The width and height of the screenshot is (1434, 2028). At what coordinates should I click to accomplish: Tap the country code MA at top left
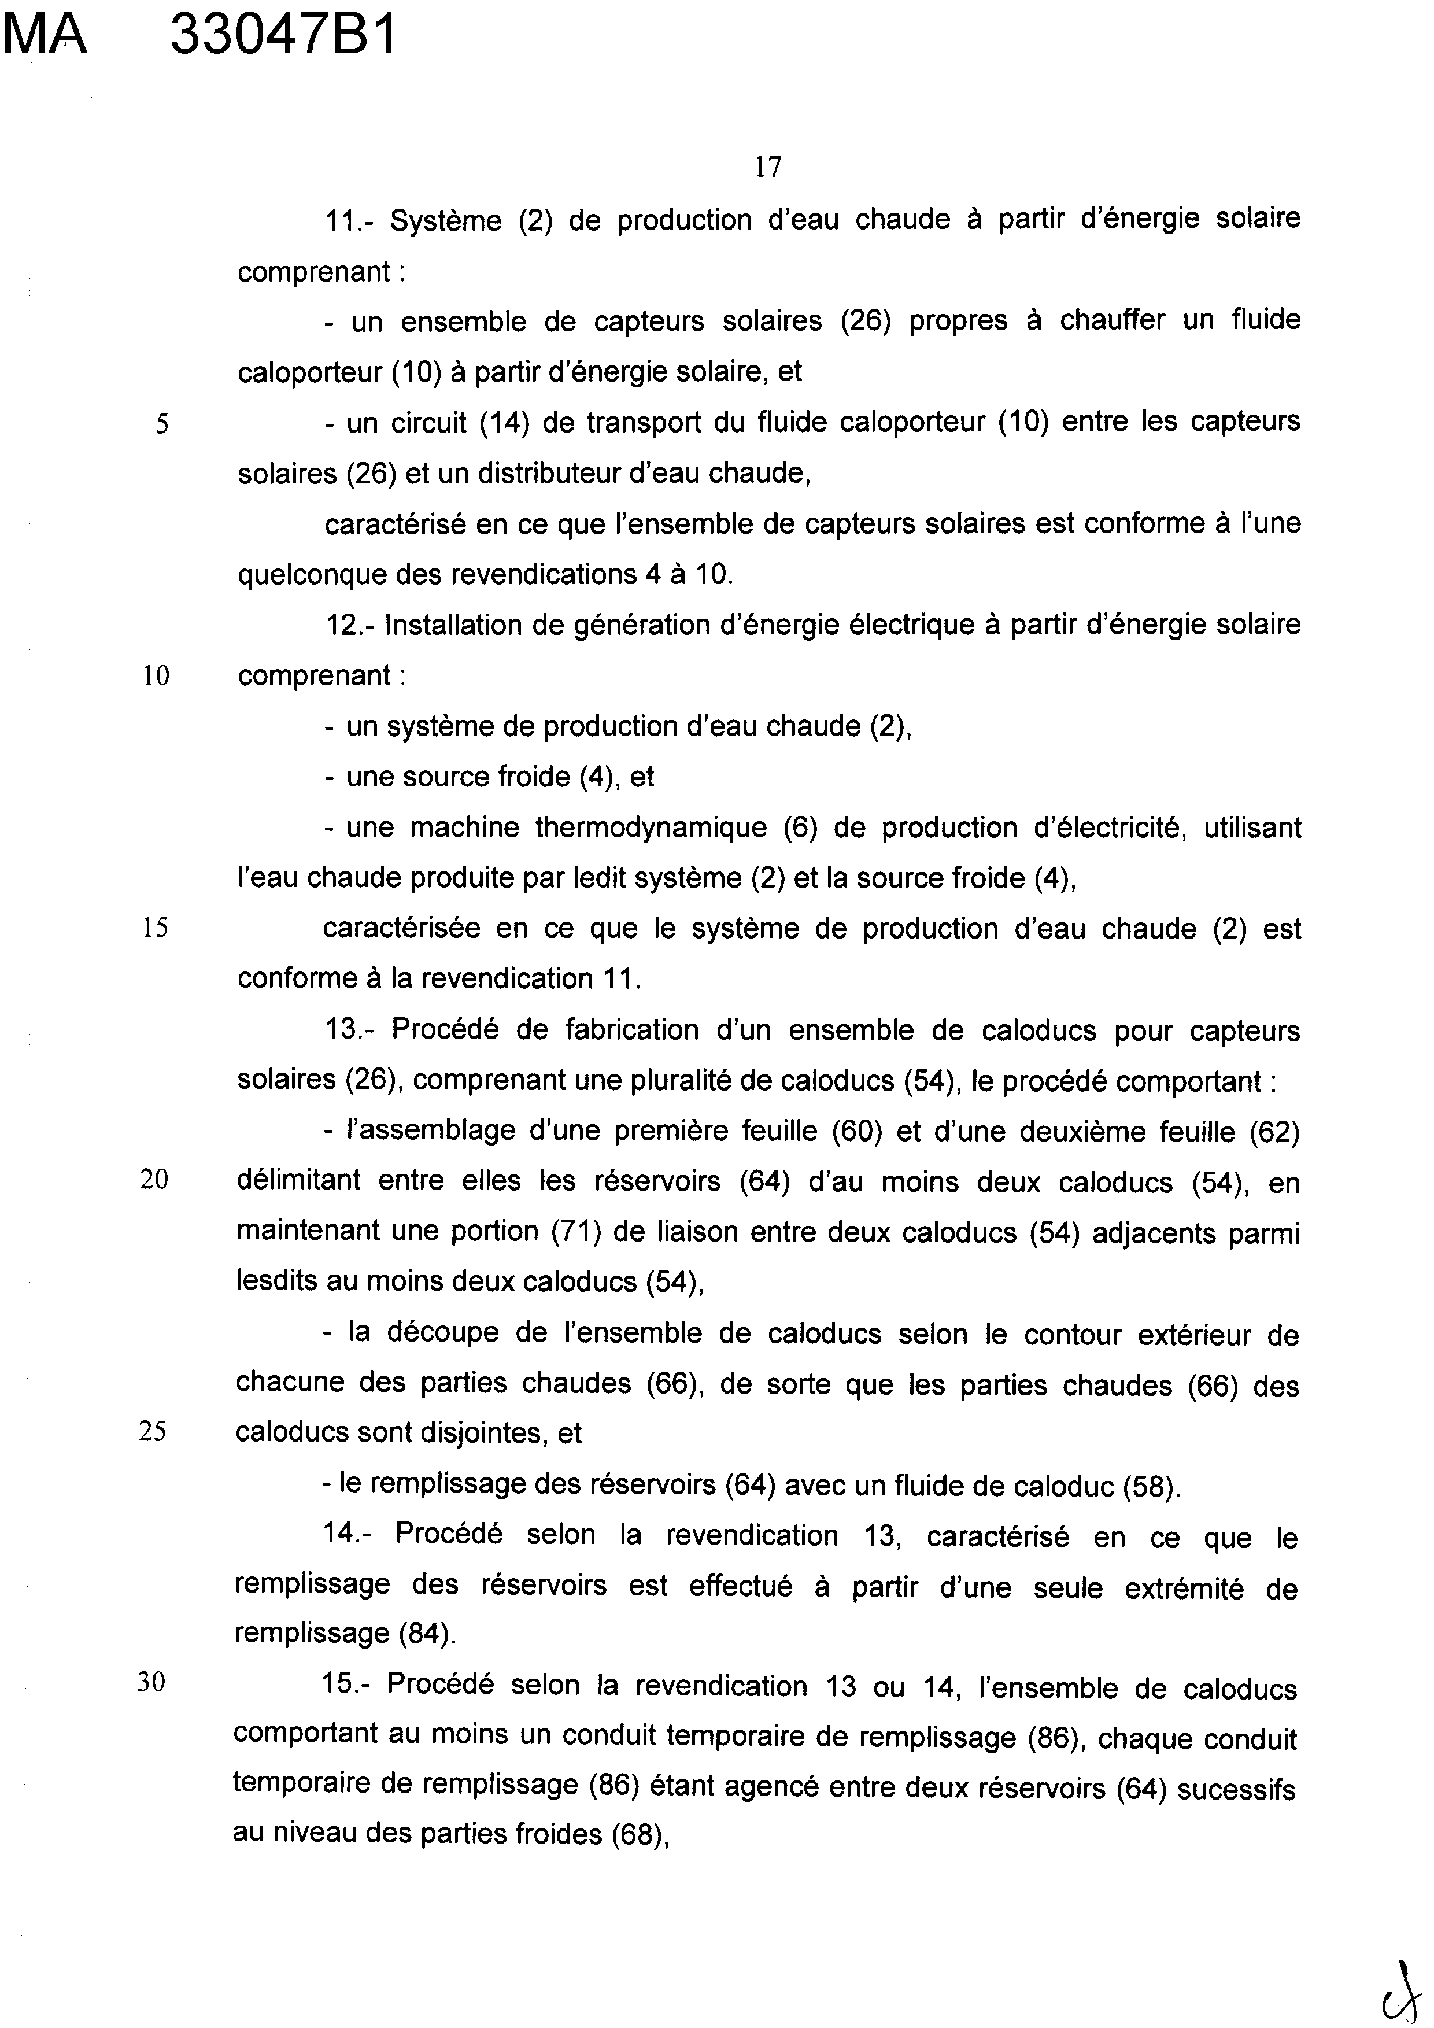coord(46,37)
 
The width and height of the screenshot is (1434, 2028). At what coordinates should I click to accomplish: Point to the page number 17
coord(768,166)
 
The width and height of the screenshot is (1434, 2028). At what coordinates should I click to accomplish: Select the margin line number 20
coord(154,1181)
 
